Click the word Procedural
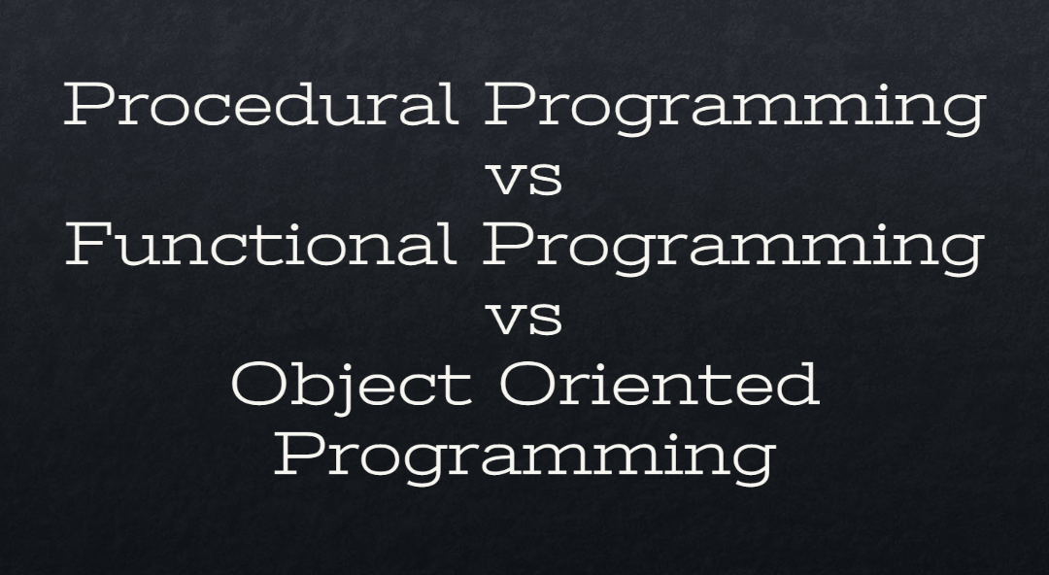(x=260, y=105)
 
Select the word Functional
(x=260, y=244)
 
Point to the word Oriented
(x=660, y=384)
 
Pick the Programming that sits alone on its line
(x=524, y=455)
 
